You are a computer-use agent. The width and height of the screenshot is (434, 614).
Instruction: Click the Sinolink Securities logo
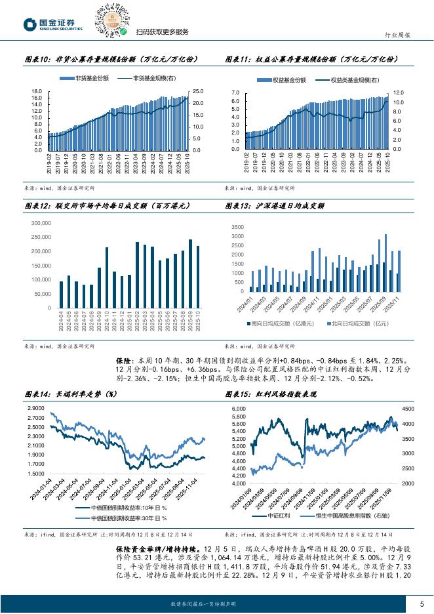point(52,25)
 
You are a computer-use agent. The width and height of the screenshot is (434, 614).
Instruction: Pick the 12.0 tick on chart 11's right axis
point(398,94)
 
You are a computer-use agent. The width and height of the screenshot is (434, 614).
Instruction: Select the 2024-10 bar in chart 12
point(107,277)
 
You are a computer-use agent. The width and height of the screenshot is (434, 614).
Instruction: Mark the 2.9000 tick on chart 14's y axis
point(37,408)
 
